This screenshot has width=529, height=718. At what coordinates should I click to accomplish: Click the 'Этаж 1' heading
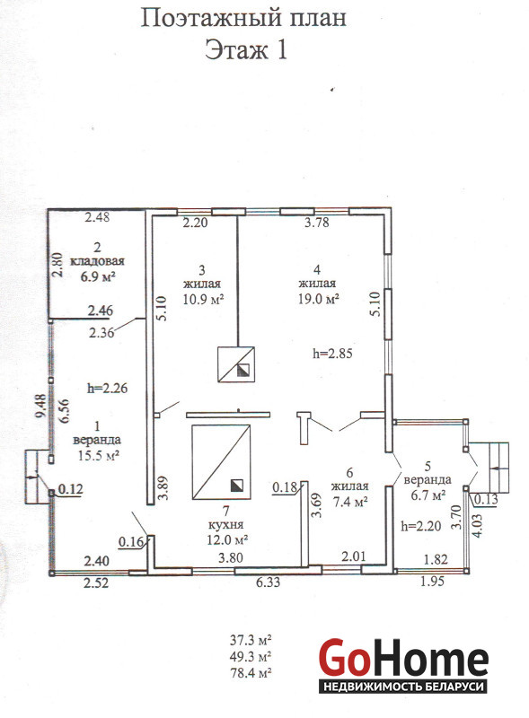click(246, 49)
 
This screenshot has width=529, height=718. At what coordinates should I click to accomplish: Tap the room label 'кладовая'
click(97, 261)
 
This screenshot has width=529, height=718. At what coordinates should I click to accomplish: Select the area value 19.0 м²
click(318, 299)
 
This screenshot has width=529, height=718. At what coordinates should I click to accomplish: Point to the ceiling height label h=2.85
click(332, 353)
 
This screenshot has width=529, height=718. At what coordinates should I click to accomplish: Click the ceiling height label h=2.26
click(107, 389)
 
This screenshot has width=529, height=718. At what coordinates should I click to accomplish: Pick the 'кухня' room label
click(225, 525)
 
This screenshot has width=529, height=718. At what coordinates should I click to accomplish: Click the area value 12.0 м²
click(227, 539)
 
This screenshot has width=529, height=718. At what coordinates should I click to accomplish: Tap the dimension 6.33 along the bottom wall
click(269, 582)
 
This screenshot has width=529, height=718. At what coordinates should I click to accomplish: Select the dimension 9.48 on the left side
click(41, 406)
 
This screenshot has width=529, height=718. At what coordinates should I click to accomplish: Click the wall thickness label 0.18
click(285, 487)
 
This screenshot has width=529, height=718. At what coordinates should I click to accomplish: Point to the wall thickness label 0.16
click(131, 542)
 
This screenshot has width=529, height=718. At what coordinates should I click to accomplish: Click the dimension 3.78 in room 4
click(317, 223)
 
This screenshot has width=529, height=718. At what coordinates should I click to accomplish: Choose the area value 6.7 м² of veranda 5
click(427, 495)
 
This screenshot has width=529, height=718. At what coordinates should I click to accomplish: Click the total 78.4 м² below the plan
click(251, 673)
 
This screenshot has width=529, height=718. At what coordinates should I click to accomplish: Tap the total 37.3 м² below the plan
click(251, 639)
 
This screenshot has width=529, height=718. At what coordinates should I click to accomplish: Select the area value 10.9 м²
click(203, 299)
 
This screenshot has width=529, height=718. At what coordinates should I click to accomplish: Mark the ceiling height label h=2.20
click(421, 525)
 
